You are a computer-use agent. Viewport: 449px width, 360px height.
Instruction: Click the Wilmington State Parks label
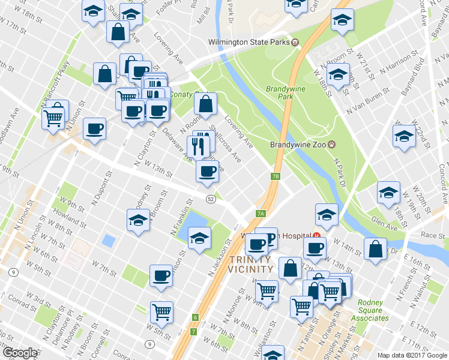pos(249,42)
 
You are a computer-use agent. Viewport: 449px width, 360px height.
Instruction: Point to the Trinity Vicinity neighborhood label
pos(251,264)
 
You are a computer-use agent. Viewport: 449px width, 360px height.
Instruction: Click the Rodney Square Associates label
pos(372,310)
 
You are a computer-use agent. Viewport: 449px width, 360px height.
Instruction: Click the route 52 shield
pos(210,199)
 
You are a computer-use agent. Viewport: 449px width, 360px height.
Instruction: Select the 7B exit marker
pos(276,176)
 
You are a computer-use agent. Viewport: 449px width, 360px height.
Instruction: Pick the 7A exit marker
pos(261,213)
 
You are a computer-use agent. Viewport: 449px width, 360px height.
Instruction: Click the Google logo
pos(20,353)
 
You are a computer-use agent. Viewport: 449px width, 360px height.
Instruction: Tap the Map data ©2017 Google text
pos(412,355)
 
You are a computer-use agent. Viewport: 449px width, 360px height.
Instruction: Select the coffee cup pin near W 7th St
pos(161,275)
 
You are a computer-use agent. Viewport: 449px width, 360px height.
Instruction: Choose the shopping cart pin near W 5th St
pos(161,312)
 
